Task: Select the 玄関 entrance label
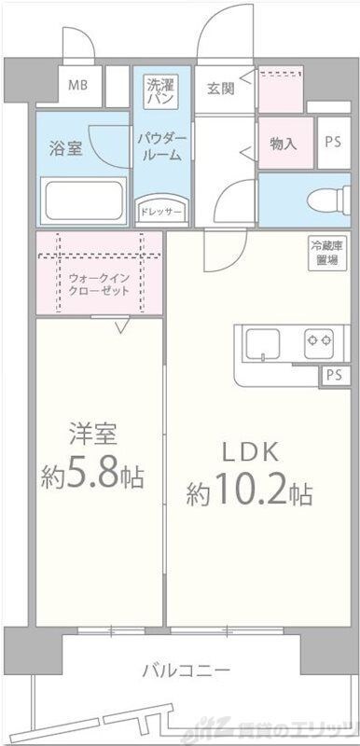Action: (221, 90)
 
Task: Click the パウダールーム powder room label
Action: (161, 146)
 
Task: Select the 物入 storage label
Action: (284, 144)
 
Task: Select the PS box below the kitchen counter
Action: (333, 375)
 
